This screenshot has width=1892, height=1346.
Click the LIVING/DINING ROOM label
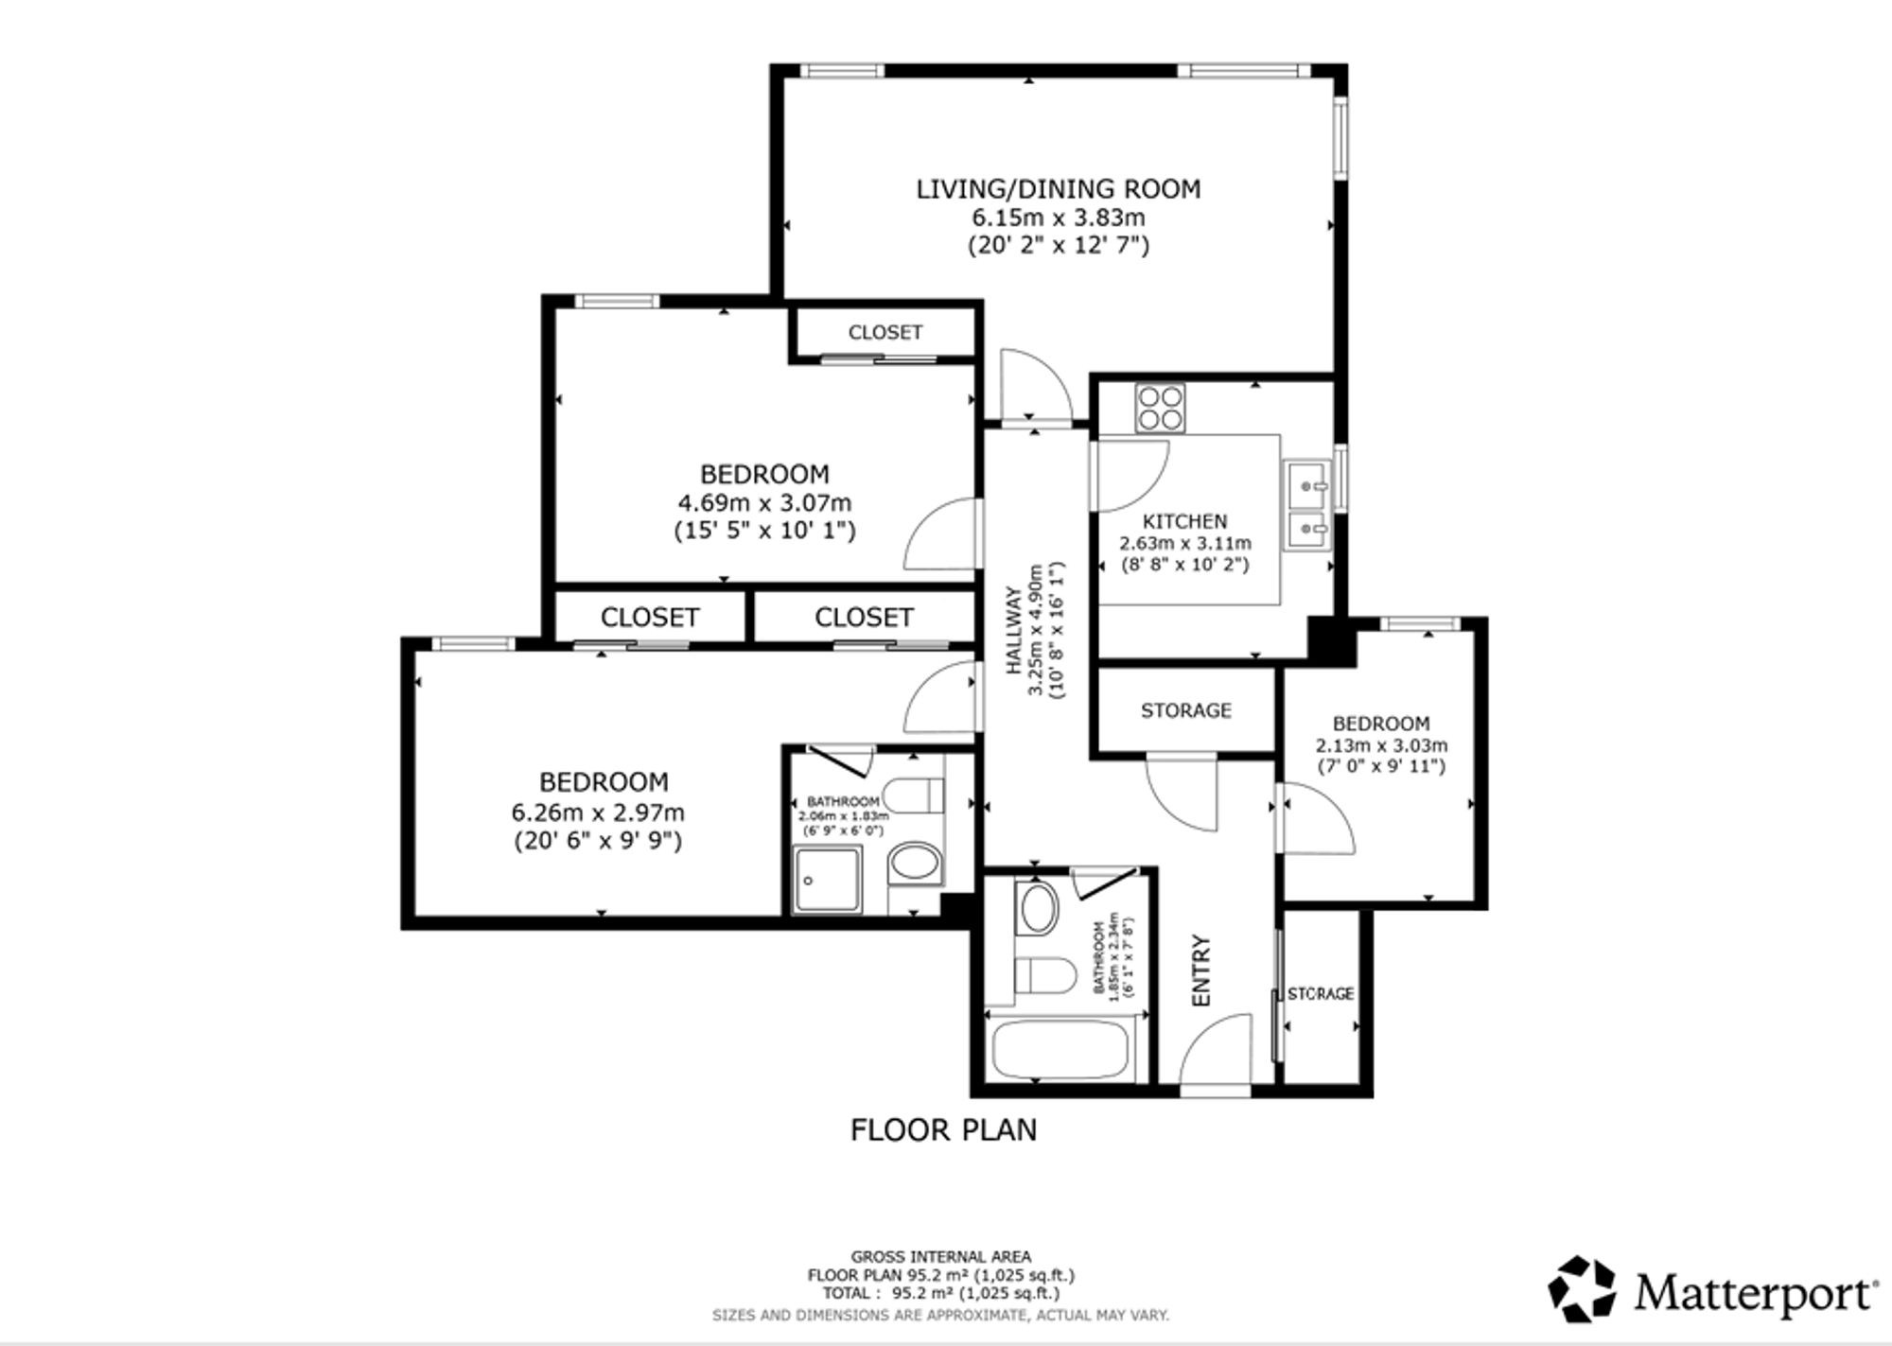[x=1058, y=189]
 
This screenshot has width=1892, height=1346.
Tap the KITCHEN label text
[x=1184, y=521]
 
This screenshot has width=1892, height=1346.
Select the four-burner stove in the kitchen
[x=1161, y=408]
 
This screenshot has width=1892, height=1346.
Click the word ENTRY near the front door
[x=1201, y=970]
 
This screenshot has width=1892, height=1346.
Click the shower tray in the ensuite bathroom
[x=828, y=880]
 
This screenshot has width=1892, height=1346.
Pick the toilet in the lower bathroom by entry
[x=1044, y=975]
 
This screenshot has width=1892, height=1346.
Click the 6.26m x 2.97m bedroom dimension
[x=598, y=813]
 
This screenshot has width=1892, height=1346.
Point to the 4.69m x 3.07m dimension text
[x=764, y=502]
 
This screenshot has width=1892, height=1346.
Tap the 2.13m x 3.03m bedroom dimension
[x=1381, y=745]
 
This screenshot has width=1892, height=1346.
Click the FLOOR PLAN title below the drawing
[x=943, y=1129]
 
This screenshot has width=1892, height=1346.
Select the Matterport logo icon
[x=1582, y=1288]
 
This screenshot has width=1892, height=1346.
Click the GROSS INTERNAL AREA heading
[x=941, y=1257]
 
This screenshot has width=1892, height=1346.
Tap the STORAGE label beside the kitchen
[x=1185, y=710]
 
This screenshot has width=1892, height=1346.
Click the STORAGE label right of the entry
[x=1321, y=994]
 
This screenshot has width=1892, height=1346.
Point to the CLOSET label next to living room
[x=885, y=332]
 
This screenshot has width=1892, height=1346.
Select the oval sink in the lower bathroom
[x=1037, y=908]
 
